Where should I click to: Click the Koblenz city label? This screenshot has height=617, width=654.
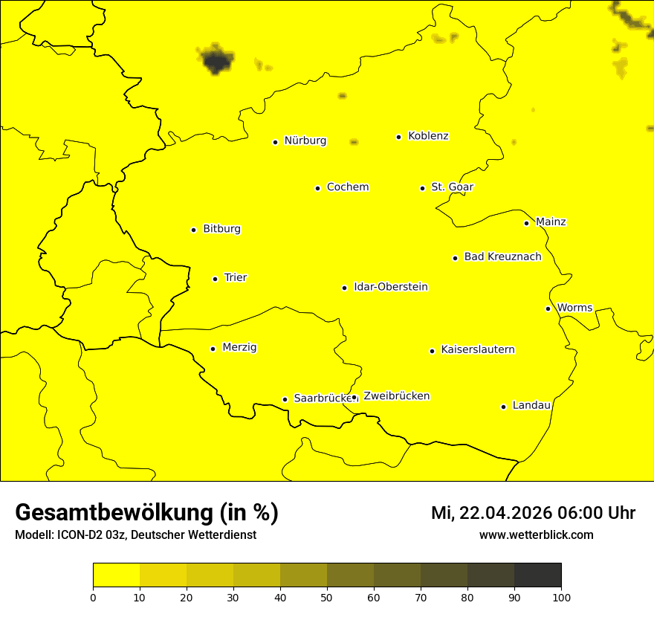point(428,136)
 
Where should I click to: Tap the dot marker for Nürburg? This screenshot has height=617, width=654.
point(275,141)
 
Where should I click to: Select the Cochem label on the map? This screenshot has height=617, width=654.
point(347,187)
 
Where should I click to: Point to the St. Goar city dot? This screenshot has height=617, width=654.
point(422,188)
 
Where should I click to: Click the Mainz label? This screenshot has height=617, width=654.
point(551,222)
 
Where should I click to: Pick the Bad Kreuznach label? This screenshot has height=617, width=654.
point(502,256)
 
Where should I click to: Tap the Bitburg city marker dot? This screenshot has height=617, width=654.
point(193,230)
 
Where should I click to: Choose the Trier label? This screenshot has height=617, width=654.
point(235,277)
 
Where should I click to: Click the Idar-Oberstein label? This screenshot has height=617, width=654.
point(390,286)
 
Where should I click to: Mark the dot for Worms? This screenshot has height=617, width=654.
point(548,308)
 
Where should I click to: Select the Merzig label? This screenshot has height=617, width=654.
point(239,347)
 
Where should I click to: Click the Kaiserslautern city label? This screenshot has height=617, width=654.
point(477,349)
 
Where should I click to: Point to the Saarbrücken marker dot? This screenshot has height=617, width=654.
point(285,399)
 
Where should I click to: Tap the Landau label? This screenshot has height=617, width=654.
point(531,405)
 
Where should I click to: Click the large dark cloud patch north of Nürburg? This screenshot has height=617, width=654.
point(216,59)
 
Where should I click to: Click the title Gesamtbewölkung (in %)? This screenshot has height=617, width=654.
point(146,513)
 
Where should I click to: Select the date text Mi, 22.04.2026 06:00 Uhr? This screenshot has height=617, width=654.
point(533,513)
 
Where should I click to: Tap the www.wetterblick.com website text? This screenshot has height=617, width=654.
point(536,535)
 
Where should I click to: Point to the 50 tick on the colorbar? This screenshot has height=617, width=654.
point(327,596)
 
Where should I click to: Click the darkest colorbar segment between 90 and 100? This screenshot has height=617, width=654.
point(537,575)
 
